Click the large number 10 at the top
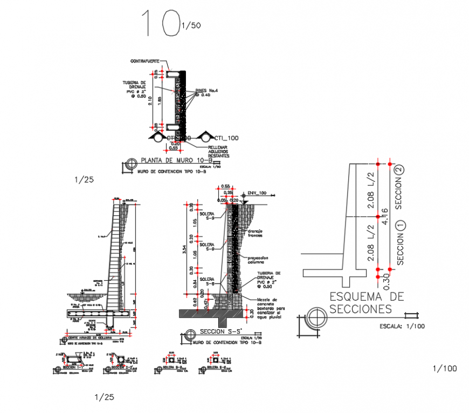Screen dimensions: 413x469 pos(160,23)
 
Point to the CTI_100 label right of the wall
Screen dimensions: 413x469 pos(226,138)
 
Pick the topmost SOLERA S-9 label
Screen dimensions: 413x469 pos(206,216)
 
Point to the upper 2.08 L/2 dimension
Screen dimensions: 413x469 pos(370,189)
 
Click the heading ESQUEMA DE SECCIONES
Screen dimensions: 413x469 pos(367,302)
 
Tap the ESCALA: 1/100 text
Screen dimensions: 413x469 pos(401,326)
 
